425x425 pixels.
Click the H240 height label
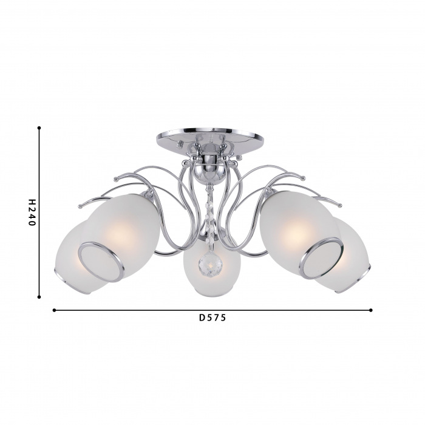coord(32,212)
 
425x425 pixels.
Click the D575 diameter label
coord(212,318)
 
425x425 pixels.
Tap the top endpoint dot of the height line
coord(39,127)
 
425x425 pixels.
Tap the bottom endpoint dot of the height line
coord(39,297)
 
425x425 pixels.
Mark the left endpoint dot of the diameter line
coord(54,310)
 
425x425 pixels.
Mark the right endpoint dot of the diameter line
coord(371,310)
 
